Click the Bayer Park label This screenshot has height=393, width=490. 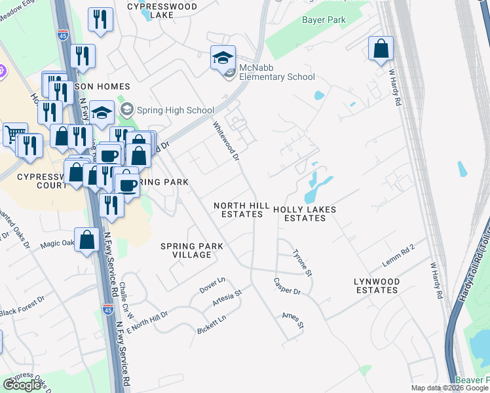324,20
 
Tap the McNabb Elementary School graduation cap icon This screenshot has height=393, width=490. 223,58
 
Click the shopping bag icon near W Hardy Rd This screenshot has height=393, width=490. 381,49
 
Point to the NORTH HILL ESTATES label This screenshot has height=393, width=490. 242,210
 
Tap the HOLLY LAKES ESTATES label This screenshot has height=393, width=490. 305,214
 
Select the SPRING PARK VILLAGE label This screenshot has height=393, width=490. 192,250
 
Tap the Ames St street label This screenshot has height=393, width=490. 293,320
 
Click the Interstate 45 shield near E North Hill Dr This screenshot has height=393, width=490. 107,309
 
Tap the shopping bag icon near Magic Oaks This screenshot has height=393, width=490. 87,240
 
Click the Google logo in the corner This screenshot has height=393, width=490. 22,385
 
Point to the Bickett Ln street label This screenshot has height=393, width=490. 212,325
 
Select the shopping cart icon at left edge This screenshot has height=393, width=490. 14,134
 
